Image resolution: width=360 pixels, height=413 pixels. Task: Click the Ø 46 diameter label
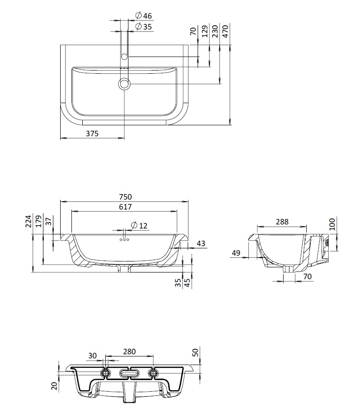pos(143,15)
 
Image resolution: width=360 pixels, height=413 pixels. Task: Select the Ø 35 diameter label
pos(143,26)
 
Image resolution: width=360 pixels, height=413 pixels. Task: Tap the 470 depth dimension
pos(225,31)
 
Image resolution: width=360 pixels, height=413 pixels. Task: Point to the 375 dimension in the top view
pos(92,133)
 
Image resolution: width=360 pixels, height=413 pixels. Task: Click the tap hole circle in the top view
pos(124,57)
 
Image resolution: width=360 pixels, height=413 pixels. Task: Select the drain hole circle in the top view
pos(124,84)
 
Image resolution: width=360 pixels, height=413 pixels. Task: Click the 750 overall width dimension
pos(125,197)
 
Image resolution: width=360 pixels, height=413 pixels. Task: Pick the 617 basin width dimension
pos(125,207)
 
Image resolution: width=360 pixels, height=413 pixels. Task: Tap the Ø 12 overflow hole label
pos(139,225)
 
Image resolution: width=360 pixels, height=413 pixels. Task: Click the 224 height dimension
pos(28,221)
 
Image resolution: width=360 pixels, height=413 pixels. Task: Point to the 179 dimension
pos(39,221)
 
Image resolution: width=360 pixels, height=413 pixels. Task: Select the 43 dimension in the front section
pos(201,243)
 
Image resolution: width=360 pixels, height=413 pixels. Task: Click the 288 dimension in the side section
pos(282,222)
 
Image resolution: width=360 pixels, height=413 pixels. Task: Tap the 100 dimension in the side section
pos(332,224)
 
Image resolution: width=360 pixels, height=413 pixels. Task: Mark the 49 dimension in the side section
pos(236,253)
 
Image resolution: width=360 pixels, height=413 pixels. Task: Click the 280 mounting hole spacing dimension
pos(129,351)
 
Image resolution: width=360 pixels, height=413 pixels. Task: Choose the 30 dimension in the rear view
pos(92,356)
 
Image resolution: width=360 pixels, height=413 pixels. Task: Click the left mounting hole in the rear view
pos(106,373)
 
